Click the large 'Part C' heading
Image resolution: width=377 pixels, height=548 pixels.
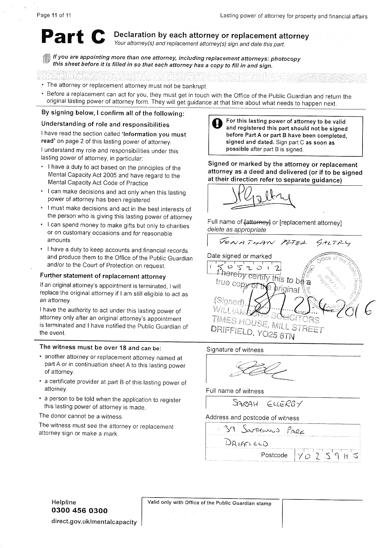73,37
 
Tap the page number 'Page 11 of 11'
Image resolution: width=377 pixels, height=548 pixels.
54,15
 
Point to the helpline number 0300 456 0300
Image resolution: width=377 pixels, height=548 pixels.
79,510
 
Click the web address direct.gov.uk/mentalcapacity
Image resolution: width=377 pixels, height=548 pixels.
94,522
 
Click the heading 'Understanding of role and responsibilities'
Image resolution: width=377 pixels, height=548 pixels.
105,124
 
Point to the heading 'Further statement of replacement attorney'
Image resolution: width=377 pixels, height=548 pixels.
103,276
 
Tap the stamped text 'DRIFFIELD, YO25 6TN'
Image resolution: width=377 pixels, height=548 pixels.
252,333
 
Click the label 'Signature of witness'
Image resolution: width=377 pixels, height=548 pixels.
235,350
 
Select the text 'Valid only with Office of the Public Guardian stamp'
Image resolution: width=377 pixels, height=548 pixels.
209,503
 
